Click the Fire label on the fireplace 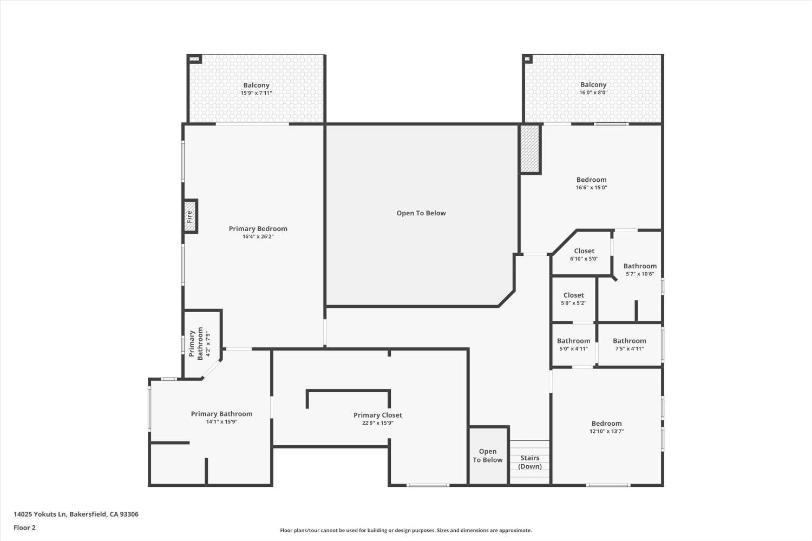coord(189,216)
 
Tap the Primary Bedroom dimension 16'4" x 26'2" coord(258,236)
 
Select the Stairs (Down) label coord(529,463)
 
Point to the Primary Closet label coord(378,415)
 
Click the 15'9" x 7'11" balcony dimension coord(256,93)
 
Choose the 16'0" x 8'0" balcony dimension coord(593,93)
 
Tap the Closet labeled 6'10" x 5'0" coord(584,254)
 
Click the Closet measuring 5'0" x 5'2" coord(573,299)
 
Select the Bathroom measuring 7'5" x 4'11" coord(629,344)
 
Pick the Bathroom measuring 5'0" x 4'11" coord(573,344)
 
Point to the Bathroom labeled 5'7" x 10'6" coord(640,269)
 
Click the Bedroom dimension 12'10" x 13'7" coord(606,431)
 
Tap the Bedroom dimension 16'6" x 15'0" coord(592,187)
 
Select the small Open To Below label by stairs coord(488,456)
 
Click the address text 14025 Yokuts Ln coord(40,514)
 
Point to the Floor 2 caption coord(25,527)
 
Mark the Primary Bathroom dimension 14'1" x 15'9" coord(222,422)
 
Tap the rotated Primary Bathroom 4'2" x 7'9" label coord(199,344)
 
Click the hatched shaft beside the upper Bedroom coord(529,149)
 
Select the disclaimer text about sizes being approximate coord(405,531)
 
